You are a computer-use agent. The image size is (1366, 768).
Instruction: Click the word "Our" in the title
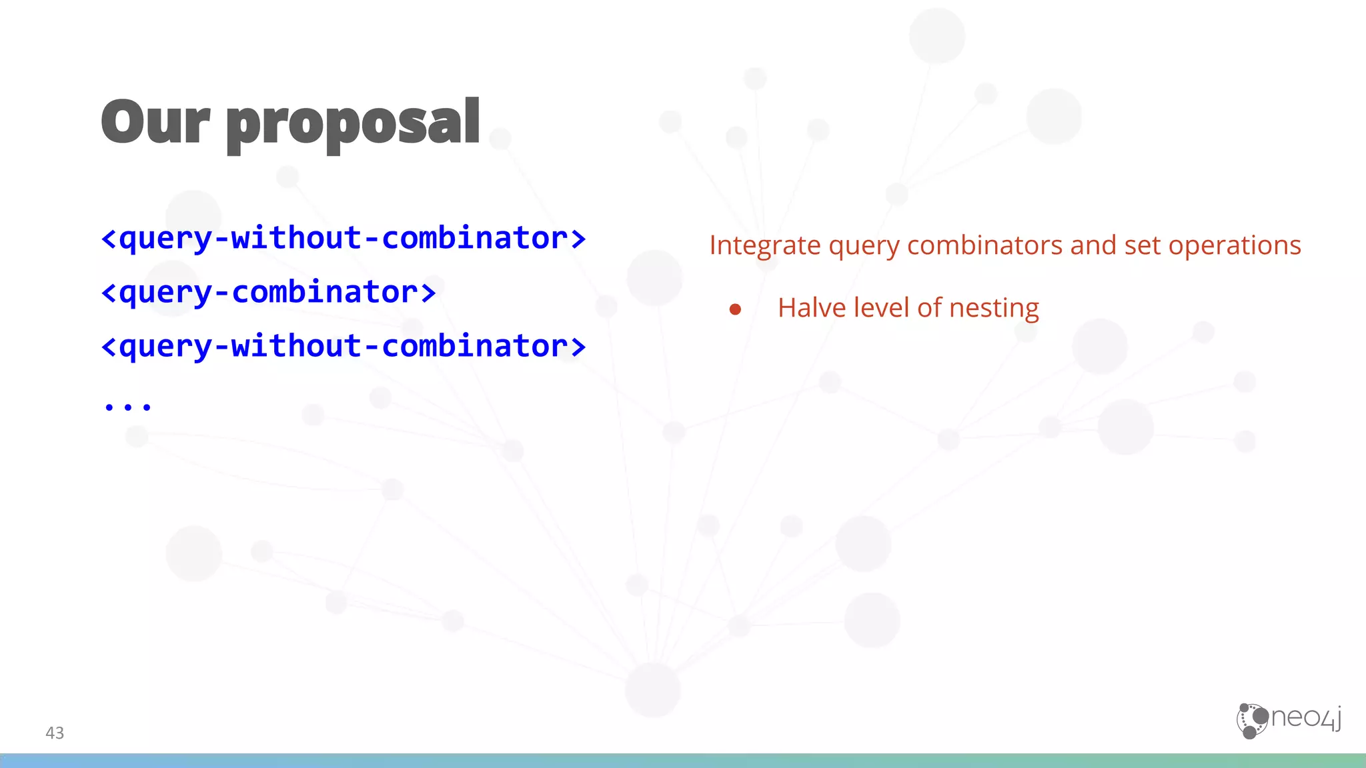tap(155, 122)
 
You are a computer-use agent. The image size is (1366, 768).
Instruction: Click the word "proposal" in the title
tap(354, 125)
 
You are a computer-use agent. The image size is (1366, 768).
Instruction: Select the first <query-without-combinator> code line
tap(343, 238)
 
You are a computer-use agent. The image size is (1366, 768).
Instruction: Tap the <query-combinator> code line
tap(268, 292)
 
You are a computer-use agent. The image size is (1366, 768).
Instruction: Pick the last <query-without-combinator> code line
tap(343, 346)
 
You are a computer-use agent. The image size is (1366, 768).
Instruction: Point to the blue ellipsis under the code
tap(127, 405)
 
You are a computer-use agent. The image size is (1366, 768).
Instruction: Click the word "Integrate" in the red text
tap(764, 246)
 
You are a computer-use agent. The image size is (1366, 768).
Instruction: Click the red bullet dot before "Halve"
tap(735, 309)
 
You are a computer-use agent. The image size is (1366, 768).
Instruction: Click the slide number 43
tap(55, 733)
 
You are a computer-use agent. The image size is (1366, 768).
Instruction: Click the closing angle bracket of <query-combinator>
tap(428, 293)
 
